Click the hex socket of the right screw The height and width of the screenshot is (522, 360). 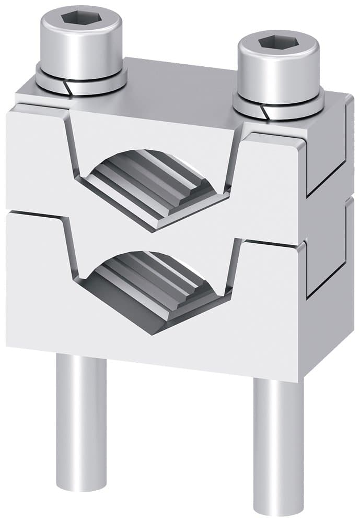tap(277, 43)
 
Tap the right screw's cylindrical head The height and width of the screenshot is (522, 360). tap(277, 70)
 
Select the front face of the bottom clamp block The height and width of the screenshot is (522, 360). tap(157, 345)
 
